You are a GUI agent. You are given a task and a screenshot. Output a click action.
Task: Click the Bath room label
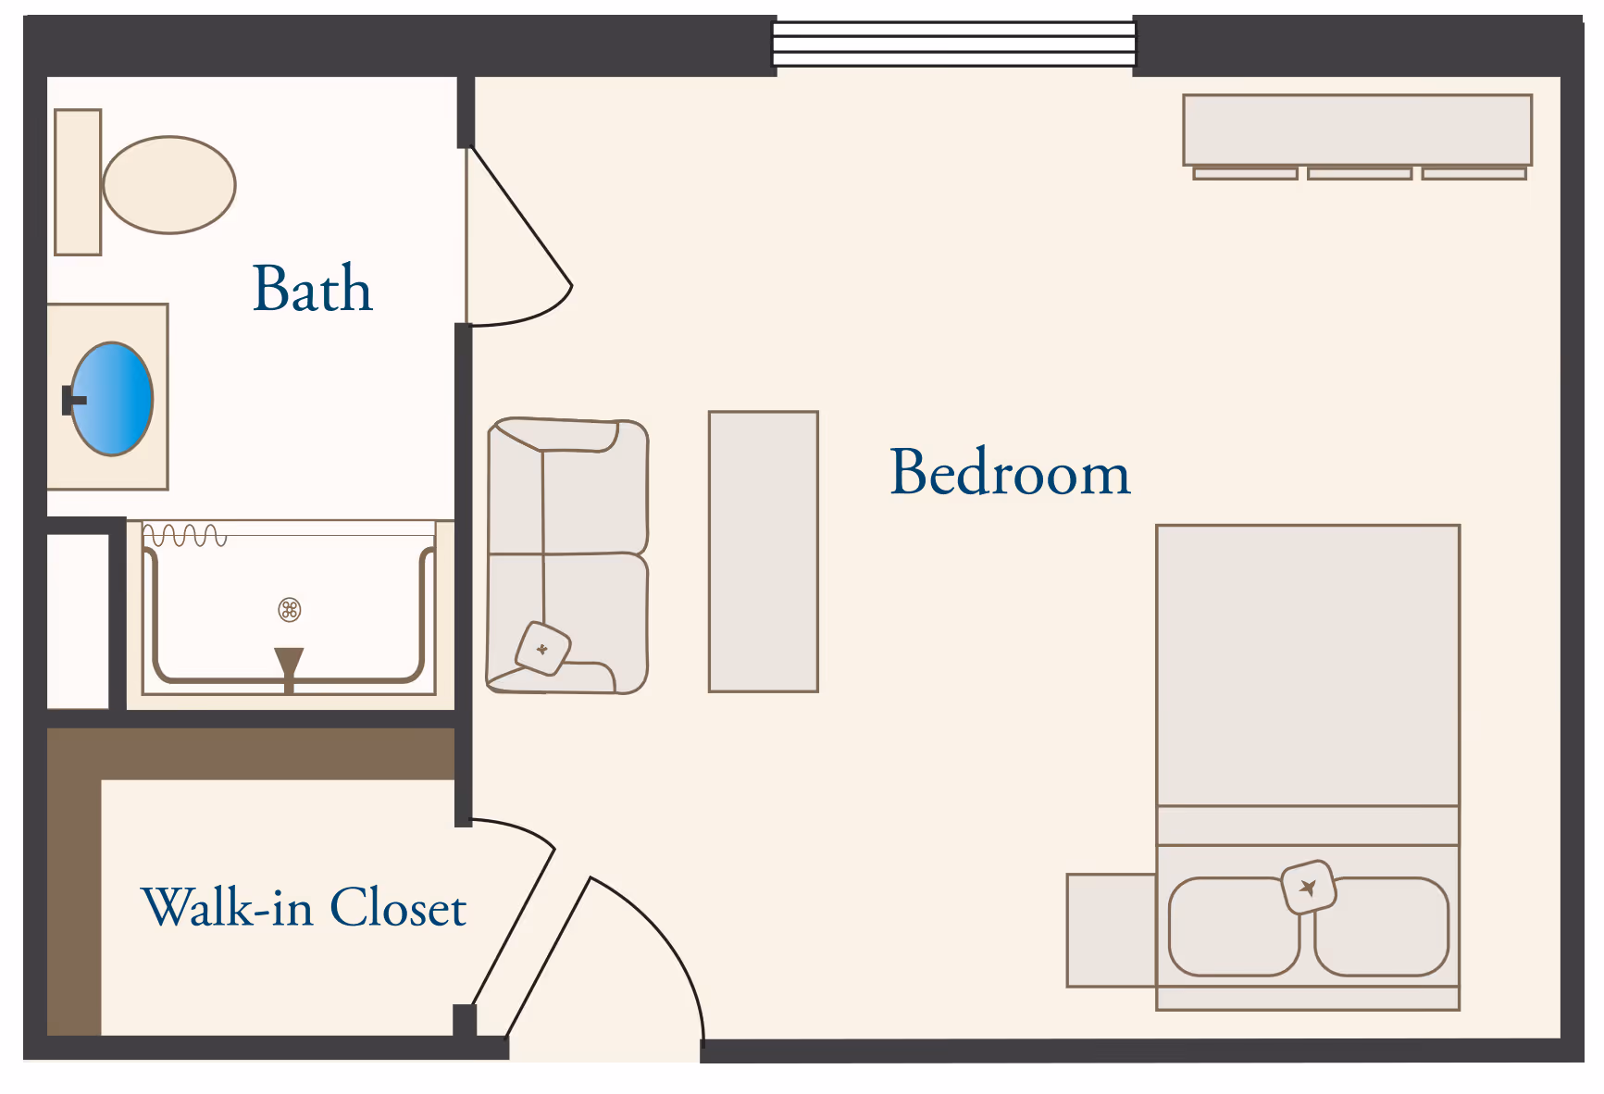(x=313, y=288)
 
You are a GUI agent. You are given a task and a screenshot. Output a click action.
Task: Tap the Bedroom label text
(x=1010, y=472)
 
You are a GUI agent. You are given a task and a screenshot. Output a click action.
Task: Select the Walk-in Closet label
(x=304, y=907)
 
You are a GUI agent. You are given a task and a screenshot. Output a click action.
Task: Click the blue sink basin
(x=112, y=399)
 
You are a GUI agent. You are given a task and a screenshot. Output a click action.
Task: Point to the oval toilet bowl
(x=169, y=185)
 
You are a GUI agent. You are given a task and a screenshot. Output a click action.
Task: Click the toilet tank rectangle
(x=78, y=182)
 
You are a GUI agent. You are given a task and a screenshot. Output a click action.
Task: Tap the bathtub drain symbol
(x=290, y=609)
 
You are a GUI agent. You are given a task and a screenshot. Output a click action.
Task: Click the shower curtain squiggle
(x=184, y=536)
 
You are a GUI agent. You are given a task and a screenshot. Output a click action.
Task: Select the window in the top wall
(x=954, y=44)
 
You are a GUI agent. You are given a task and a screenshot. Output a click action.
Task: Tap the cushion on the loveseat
(x=543, y=649)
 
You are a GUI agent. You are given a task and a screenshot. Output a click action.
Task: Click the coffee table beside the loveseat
(x=764, y=552)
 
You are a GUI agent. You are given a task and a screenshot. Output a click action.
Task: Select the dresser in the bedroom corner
(x=1358, y=136)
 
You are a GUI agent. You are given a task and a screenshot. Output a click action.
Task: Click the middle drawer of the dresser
(x=1360, y=173)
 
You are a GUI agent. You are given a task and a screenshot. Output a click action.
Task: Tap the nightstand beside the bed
(x=1112, y=930)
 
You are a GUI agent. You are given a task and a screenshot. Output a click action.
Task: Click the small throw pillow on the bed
(x=1309, y=888)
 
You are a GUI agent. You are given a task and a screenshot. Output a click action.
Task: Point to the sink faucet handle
(x=73, y=400)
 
